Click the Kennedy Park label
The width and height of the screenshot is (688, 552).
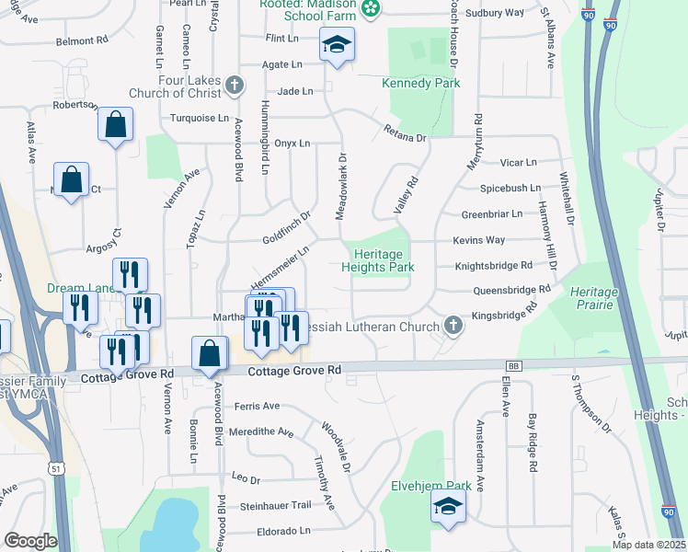[x=420, y=84]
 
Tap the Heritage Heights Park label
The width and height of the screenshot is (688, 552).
[x=378, y=260]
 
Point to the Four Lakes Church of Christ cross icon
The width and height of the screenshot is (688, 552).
[x=235, y=86]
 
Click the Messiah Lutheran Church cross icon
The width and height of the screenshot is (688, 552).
[x=453, y=325]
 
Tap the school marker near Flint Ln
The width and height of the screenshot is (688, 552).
[x=337, y=44]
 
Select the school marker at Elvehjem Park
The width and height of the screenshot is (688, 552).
[x=448, y=507]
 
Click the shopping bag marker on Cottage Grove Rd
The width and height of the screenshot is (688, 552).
[x=210, y=354]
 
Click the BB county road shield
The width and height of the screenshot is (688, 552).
[x=513, y=366]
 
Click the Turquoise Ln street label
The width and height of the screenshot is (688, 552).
[x=200, y=118]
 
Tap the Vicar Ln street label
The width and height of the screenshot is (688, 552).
[x=518, y=163]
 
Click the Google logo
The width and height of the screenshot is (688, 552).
[x=30, y=540]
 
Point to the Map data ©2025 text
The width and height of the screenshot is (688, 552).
[x=648, y=545]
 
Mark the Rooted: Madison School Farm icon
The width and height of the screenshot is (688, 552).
[x=370, y=9]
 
